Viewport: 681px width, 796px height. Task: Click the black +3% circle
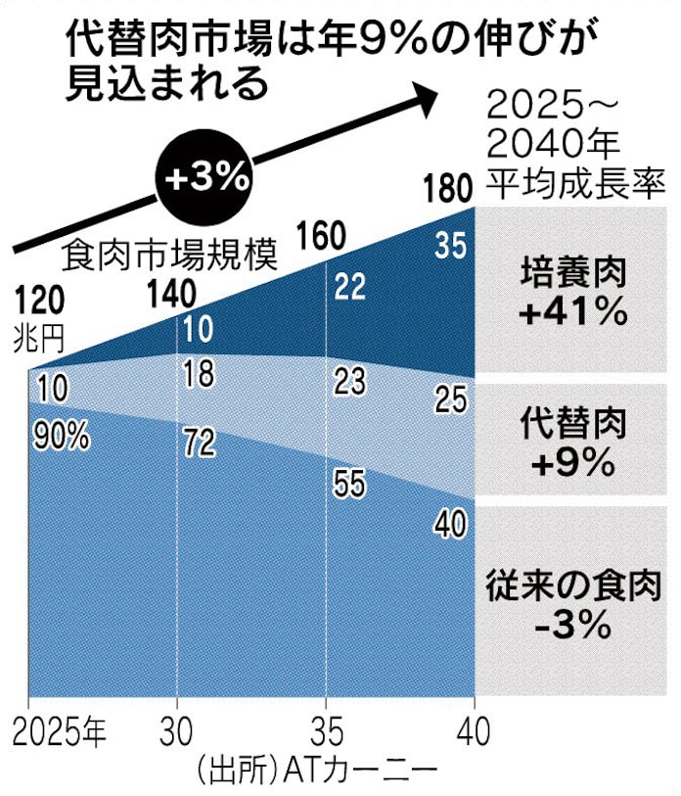pyautogui.click(x=207, y=177)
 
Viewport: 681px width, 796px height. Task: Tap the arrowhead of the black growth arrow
pyautogui.click(x=424, y=95)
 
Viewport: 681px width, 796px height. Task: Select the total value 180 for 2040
pyautogui.click(x=444, y=188)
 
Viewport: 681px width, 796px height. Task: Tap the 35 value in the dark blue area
pyautogui.click(x=450, y=247)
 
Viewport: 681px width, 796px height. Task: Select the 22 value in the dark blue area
pyautogui.click(x=349, y=286)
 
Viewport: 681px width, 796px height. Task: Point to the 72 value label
pyautogui.click(x=199, y=444)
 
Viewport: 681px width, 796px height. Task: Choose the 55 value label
pyautogui.click(x=349, y=485)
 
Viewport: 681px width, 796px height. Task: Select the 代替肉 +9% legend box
pyautogui.click(x=572, y=442)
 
